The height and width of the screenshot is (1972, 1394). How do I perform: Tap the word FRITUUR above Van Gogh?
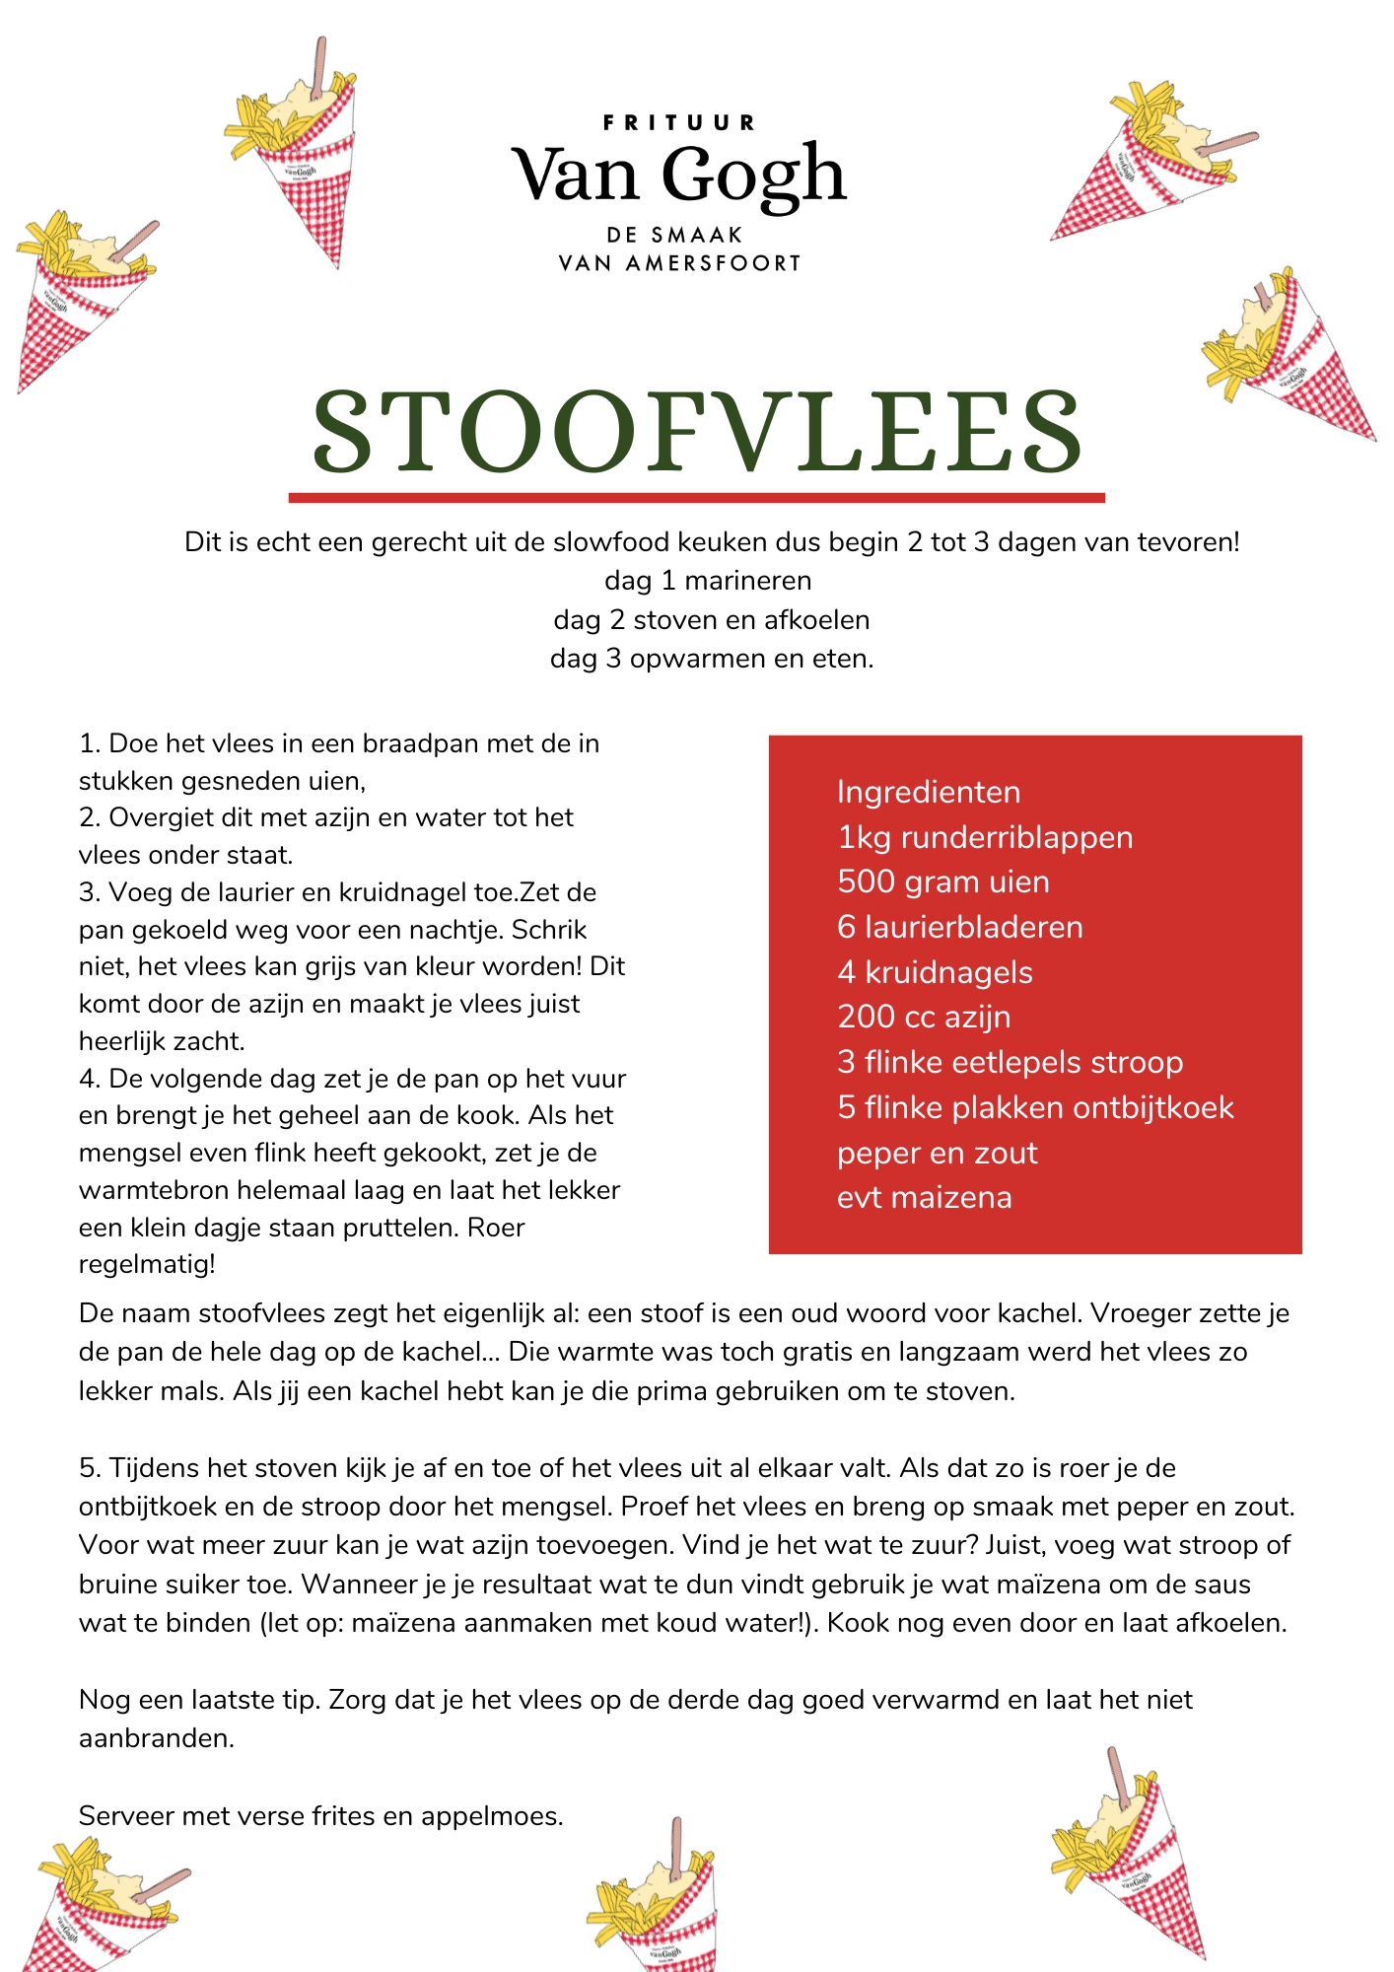pyautogui.click(x=678, y=123)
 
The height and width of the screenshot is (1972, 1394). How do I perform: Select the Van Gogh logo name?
pyautogui.click(x=678, y=176)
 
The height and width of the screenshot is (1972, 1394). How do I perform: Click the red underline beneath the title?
pyautogui.click(x=696, y=498)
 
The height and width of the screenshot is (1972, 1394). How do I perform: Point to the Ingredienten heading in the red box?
pyautogui.click(x=928, y=792)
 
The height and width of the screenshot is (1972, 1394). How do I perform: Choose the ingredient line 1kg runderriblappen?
pyautogui.click(x=984, y=837)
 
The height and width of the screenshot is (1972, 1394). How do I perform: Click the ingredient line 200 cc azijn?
pyautogui.click(x=924, y=1017)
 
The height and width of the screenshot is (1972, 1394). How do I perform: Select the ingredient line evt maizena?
pyautogui.click(x=924, y=1197)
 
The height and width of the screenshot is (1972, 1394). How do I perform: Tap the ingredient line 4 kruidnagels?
pyautogui.click(x=935, y=972)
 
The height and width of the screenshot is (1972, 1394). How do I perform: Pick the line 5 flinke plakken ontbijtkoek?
pyautogui.click(x=1034, y=1107)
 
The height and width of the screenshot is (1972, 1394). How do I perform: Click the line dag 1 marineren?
pyautogui.click(x=708, y=580)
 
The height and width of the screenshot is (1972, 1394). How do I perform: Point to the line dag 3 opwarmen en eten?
pyautogui.click(x=712, y=658)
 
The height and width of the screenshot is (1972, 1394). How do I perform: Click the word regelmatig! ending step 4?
pyautogui.click(x=147, y=1263)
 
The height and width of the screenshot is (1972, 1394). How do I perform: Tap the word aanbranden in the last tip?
pyautogui.click(x=156, y=1737)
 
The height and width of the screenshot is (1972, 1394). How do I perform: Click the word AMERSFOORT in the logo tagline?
pyautogui.click(x=713, y=263)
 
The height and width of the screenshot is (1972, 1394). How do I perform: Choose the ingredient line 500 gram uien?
pyautogui.click(x=942, y=881)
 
